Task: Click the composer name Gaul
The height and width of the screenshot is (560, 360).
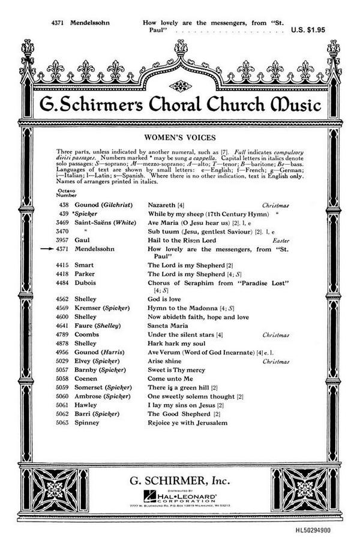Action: click(x=82, y=239)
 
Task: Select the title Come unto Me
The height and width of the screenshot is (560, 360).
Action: click(x=170, y=379)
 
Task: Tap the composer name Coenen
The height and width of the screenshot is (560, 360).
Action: click(x=86, y=379)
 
